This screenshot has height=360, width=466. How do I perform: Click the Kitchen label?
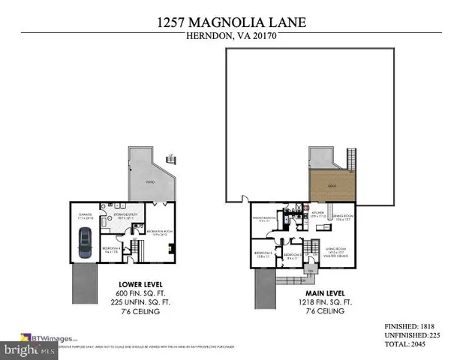tap(317, 214)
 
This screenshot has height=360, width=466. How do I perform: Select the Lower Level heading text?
tap(138, 285)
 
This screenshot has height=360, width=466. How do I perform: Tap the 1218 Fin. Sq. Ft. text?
tap(320, 301)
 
